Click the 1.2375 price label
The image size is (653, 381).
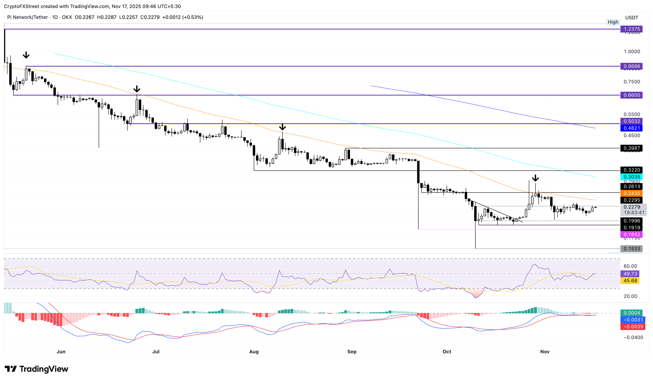(632, 29)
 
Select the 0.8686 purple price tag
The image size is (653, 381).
(632, 66)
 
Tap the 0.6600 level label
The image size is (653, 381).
(632, 95)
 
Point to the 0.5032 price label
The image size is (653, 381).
(632, 121)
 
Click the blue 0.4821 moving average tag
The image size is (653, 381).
(632, 128)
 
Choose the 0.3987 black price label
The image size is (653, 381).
(632, 148)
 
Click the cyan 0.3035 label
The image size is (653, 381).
(632, 177)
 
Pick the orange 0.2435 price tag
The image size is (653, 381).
(632, 193)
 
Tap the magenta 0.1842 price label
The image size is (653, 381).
(632, 234)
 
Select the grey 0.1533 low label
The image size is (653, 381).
(632, 249)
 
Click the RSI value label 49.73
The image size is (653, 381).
(630, 274)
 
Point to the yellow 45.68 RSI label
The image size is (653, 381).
(630, 281)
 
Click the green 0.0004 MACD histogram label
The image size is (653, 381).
(632, 313)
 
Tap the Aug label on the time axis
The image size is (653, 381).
(254, 351)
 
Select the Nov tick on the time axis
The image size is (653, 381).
(545, 351)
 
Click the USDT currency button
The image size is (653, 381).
(632, 18)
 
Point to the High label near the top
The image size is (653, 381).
(613, 22)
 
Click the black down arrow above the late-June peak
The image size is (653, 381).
(137, 89)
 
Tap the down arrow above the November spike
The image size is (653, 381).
(535, 178)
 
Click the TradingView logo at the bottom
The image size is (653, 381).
(37, 369)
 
